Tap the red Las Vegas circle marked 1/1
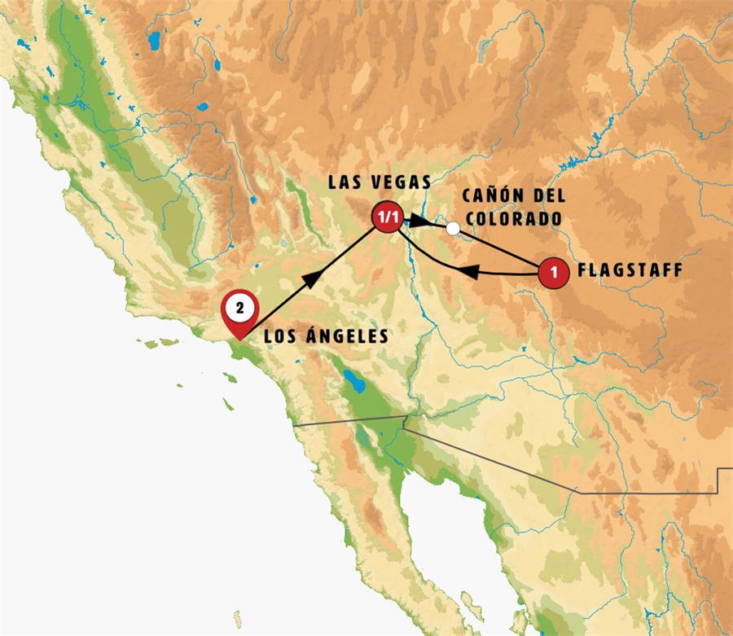tap(386, 217)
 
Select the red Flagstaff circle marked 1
tap(554, 272)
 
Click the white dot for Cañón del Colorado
tap(453, 229)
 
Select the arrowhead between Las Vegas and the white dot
tap(419, 220)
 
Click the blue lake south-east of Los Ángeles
tap(356, 379)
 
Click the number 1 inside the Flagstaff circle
tap(554, 272)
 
